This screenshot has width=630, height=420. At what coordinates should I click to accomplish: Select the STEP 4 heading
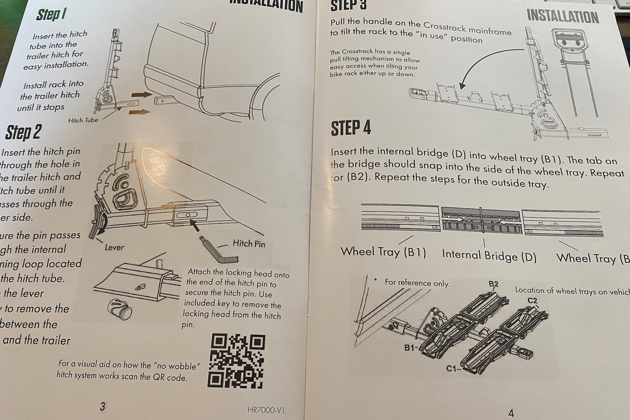tap(351, 128)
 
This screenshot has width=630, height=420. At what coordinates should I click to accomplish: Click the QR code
tap(237, 361)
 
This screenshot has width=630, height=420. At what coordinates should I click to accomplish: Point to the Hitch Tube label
tap(83, 120)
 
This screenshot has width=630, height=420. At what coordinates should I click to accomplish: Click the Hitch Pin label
tap(249, 243)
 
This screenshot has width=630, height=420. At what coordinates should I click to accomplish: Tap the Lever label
tap(114, 247)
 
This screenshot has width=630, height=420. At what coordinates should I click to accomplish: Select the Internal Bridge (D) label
tap(489, 256)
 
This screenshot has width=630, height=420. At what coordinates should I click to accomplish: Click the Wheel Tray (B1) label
tap(383, 252)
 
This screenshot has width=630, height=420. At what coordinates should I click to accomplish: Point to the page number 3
tap(102, 406)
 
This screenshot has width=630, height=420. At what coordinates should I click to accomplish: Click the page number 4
tap(511, 412)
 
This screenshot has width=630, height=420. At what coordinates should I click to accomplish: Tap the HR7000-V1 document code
tap(266, 410)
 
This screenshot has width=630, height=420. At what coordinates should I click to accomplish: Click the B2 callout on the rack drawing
tap(493, 284)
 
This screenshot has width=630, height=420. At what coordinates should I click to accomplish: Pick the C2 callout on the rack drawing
tap(532, 301)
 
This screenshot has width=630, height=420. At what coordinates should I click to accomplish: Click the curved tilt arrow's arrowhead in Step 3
tap(462, 86)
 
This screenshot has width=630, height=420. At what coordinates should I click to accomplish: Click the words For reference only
tap(417, 283)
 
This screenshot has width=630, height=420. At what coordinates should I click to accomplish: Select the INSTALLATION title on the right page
tap(563, 17)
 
